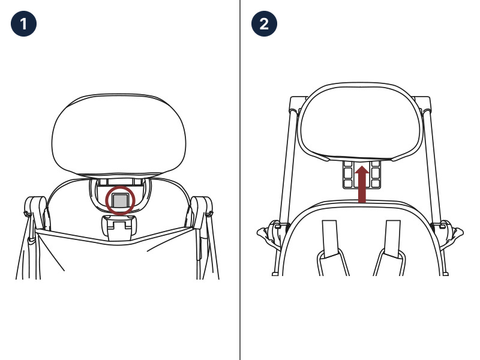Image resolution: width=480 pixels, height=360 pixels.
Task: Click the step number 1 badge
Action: pos(23,23)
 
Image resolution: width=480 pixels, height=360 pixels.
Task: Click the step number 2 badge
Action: pos(264,23)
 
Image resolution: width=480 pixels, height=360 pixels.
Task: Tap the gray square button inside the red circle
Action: pos(121,200)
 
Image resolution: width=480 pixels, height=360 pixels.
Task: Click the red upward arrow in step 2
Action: pos(362,184)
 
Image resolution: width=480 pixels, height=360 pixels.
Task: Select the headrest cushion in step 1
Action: pos(119,136)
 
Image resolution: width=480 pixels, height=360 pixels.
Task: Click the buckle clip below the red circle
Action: pos(119,227)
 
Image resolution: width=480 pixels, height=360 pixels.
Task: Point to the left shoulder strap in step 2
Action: pos(330,239)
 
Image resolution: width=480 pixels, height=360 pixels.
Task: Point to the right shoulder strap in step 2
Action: pos(393,238)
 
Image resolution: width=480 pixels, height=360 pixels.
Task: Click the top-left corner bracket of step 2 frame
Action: pos(298,104)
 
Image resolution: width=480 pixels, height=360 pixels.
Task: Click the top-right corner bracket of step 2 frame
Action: pos(422,104)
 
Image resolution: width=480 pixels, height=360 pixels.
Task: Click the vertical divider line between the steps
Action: pos(240,180)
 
